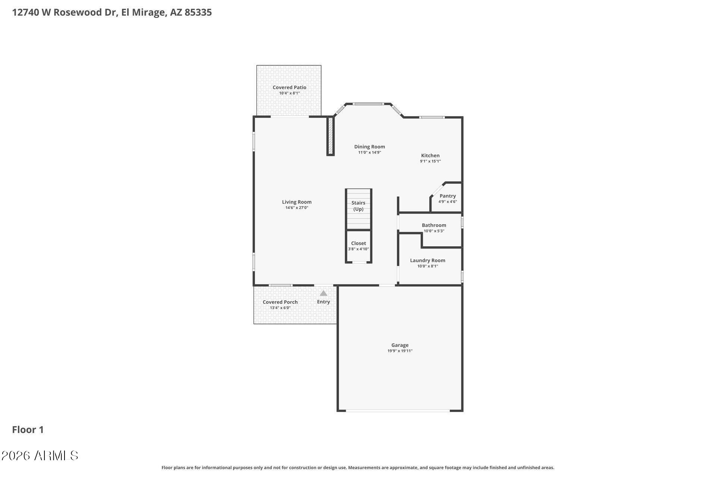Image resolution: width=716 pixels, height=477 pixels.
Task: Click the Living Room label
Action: tap(296, 202)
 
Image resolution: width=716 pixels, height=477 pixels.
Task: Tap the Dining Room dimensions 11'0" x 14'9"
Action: tap(369, 152)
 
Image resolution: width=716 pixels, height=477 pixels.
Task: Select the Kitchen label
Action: tap(430, 155)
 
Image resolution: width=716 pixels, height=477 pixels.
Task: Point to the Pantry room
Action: tap(447, 198)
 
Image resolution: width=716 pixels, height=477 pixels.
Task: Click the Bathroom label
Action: tap(434, 225)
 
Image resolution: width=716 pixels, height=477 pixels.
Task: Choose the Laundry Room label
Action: tap(427, 260)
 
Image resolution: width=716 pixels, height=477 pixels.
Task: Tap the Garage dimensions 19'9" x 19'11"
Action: tap(400, 351)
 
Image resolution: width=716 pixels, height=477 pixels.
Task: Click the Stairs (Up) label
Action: tap(358, 206)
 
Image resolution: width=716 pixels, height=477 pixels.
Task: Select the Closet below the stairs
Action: tap(358, 246)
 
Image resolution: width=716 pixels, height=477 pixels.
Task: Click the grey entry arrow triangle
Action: tap(323, 293)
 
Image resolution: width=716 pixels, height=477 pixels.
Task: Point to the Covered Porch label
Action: tap(280, 302)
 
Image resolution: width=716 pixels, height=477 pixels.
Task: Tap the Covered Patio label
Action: tap(289, 87)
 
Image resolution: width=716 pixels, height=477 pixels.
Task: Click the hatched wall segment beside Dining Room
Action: tap(330, 136)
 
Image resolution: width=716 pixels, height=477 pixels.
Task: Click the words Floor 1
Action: tap(28, 430)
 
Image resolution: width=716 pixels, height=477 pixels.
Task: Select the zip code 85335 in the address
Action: tap(198, 12)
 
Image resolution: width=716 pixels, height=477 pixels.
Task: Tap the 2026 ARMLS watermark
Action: tap(40, 455)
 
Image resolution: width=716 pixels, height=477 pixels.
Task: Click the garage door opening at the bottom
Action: tap(398, 411)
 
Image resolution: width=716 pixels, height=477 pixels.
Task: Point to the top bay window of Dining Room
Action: tap(368, 104)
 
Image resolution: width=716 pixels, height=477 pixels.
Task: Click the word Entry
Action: tap(323, 302)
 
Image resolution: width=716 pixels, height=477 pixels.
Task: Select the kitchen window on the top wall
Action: tap(432, 117)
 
